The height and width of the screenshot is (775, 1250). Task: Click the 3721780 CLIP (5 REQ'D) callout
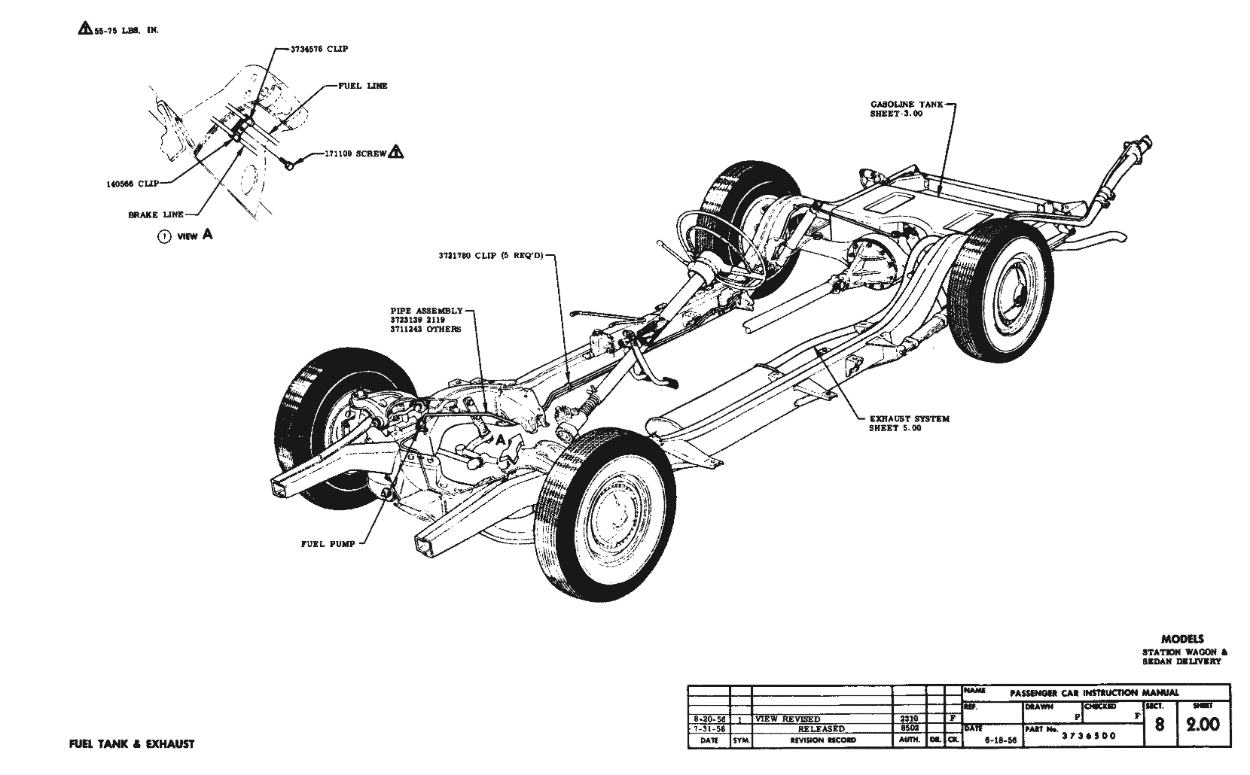pos(489,256)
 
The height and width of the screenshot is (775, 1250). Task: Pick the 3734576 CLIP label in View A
pos(319,49)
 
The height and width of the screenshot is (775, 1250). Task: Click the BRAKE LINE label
pos(155,214)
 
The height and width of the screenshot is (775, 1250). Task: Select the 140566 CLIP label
pos(132,182)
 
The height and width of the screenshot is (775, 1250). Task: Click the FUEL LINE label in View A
pos(362,87)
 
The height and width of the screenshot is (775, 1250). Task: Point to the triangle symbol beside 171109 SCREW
pos(396,152)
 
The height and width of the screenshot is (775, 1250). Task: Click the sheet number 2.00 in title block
pos(1203,725)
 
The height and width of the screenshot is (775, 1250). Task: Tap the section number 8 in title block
pos(1160,726)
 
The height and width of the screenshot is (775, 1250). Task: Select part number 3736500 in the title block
pos(1089,736)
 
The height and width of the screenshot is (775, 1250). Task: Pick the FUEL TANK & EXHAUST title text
pos(131,744)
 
